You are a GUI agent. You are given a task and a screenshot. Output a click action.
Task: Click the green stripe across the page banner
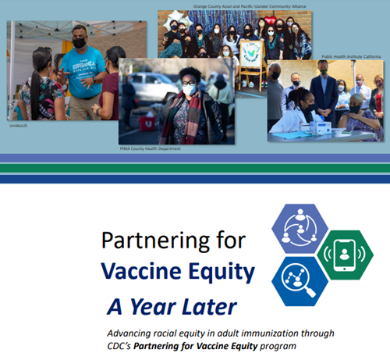coord(195,167)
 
